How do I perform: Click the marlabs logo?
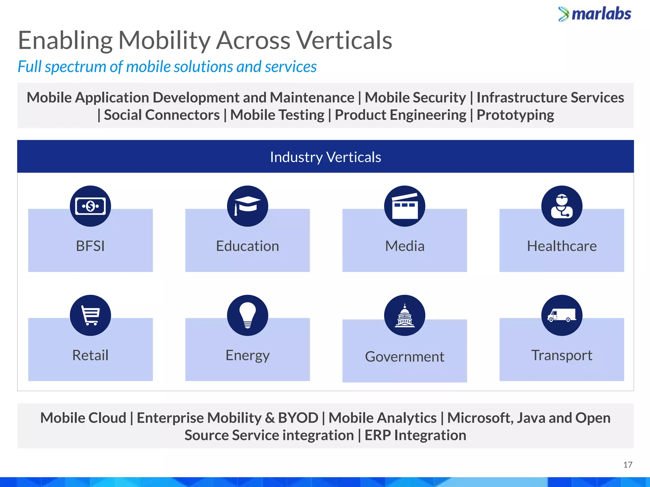(x=595, y=14)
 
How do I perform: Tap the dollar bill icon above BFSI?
(x=90, y=206)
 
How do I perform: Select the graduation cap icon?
(x=248, y=206)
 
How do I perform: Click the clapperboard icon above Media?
(x=405, y=206)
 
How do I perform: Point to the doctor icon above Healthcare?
(x=562, y=206)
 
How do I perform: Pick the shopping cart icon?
(x=90, y=315)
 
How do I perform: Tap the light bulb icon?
(x=248, y=315)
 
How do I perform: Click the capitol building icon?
(x=405, y=315)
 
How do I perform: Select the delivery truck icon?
(x=562, y=315)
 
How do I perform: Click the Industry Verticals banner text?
(x=325, y=157)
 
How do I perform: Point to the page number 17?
(x=627, y=465)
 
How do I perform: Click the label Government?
(x=405, y=357)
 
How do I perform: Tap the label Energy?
(x=248, y=355)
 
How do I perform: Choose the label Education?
(x=248, y=246)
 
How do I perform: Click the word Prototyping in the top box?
(x=515, y=115)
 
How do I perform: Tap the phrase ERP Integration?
(x=415, y=435)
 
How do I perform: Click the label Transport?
(x=562, y=355)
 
